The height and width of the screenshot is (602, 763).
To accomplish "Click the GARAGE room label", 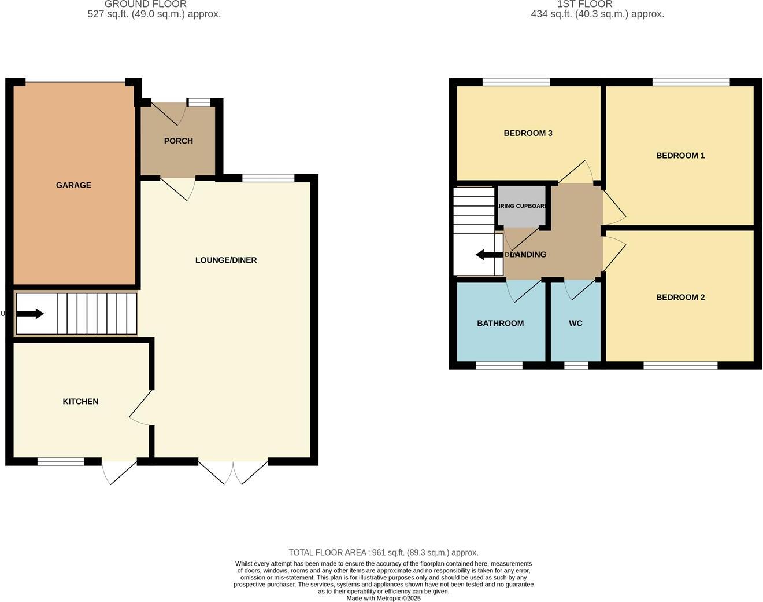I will click(73, 185).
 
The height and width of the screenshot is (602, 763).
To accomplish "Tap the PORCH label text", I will click(178, 141).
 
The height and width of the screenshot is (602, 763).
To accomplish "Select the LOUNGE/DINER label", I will click(226, 260).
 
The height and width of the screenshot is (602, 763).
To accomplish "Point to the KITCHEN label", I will click(80, 401).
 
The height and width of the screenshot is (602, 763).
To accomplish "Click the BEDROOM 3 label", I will click(528, 133).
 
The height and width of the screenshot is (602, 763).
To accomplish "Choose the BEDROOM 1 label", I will click(680, 155).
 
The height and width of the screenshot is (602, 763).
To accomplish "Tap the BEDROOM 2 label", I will click(680, 297).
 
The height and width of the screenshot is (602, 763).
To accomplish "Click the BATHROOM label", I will click(500, 323).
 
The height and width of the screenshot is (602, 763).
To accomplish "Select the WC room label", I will click(575, 323).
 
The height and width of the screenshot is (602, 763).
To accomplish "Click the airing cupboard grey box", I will click(521, 207).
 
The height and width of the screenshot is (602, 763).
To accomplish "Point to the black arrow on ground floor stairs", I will click(30, 314).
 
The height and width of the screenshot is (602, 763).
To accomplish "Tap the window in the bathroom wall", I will click(499, 365).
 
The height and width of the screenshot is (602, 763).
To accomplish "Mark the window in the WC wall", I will click(576, 365).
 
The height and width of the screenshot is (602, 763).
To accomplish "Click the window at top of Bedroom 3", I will click(516, 82).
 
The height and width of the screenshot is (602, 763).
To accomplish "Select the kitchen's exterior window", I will click(61, 461).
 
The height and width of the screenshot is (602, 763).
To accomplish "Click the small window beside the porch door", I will click(199, 103).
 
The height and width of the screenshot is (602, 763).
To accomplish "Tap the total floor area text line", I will click(383, 552).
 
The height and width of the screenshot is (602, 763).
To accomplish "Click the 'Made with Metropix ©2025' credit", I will click(383, 598).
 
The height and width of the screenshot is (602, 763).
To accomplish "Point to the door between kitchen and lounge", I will click(142, 408).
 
